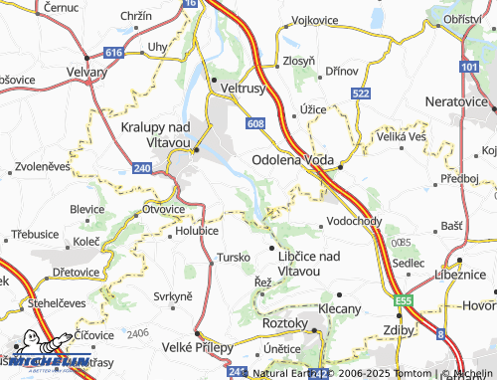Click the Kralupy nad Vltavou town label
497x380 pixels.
[156, 135]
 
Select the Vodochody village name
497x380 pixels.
[354, 222]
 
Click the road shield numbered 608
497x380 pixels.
[255, 123]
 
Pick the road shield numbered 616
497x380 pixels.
[116, 52]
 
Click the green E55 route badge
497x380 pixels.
[403, 298]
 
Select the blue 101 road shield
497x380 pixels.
[469, 67]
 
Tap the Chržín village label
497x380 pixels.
[134, 16]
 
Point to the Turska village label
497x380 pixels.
[233, 258]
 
